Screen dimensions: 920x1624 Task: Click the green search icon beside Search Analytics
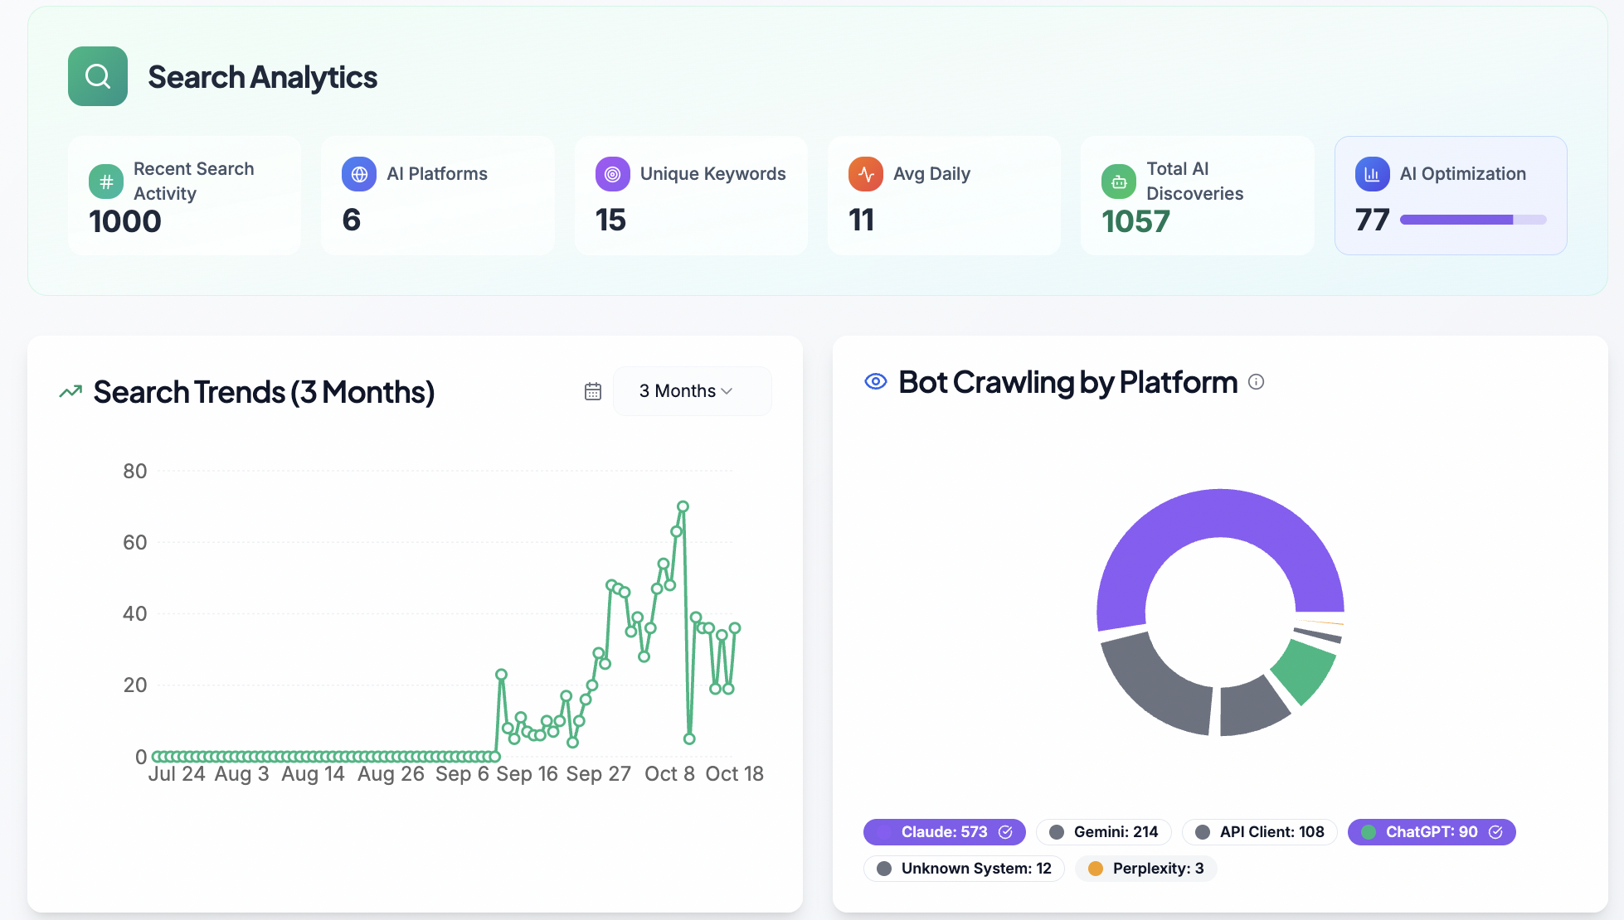[98, 76]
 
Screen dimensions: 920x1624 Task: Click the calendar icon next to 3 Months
[592, 391]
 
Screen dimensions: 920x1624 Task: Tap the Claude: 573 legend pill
[944, 832]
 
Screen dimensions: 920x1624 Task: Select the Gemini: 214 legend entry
[1103, 832]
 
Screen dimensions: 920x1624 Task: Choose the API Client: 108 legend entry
[1259, 832]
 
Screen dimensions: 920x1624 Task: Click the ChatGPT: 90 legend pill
[1431, 832]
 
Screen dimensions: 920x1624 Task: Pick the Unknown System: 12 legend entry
[964, 869]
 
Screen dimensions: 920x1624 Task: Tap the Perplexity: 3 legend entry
[1145, 869]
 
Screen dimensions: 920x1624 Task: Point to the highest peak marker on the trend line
[683, 506]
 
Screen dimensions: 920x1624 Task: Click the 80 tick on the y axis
[135, 472]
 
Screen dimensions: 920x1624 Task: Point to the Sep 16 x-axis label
[527, 774]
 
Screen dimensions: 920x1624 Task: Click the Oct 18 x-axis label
[734, 774]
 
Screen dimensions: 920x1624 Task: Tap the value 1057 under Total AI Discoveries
[1135, 222]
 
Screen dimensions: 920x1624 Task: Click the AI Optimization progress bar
[1472, 220]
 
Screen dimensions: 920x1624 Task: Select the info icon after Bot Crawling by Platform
[1257, 382]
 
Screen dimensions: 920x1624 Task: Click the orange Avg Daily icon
[865, 174]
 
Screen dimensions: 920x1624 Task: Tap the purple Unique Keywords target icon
[612, 174]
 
